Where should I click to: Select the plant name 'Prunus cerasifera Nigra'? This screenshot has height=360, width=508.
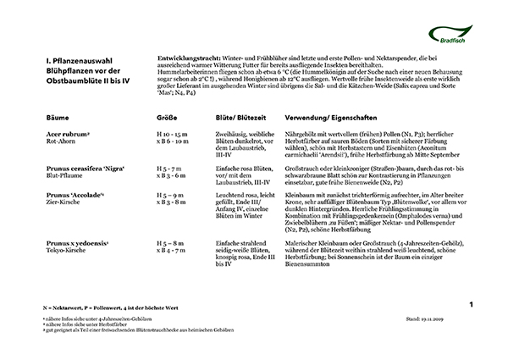pos(85,169)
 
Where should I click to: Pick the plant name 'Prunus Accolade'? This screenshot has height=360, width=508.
pos(78,195)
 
